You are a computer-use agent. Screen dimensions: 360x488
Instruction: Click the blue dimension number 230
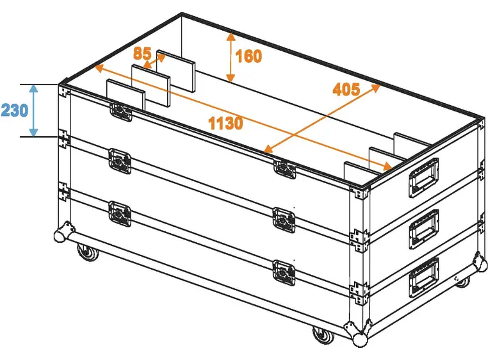pos(14,110)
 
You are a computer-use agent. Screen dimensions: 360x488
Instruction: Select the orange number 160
pos(248,56)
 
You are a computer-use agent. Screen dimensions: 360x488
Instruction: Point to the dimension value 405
pos(346,88)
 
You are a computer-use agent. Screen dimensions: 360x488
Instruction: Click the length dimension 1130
pos(225,121)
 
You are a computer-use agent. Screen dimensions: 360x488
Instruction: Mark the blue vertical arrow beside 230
pos(34,110)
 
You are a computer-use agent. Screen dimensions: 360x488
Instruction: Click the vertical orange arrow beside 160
pos(229,57)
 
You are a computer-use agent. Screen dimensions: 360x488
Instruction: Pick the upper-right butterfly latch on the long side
pos(284,168)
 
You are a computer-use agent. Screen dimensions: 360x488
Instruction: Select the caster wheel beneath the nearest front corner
pos(320,335)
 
